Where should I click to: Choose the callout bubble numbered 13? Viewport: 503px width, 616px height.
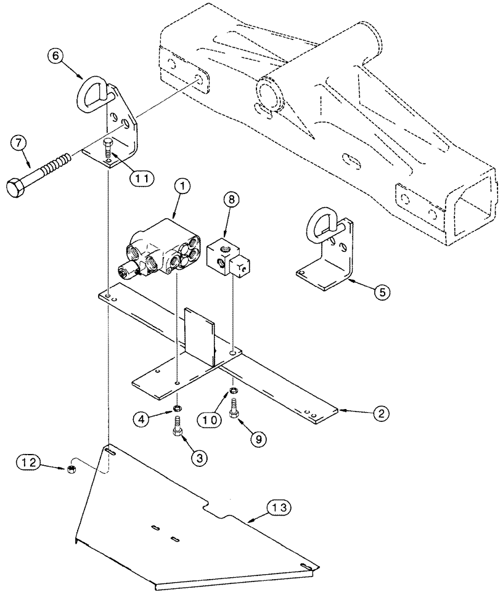pyautogui.click(x=277, y=508)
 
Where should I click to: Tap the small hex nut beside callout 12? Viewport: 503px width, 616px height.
pyautogui.click(x=71, y=471)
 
